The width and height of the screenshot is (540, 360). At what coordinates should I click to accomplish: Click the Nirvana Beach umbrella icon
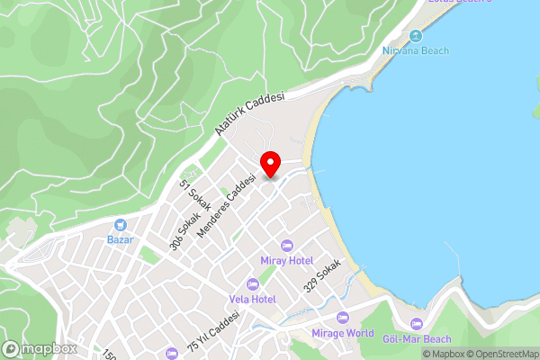click(415, 36)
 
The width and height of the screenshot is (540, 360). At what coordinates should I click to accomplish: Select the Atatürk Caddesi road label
click(250, 113)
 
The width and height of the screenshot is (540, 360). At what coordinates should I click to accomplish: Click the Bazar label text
click(120, 239)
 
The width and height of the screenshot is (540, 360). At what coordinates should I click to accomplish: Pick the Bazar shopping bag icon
click(120, 225)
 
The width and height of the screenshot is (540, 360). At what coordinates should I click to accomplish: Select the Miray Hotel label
click(286, 260)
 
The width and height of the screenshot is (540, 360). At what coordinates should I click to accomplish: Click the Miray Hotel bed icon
click(287, 246)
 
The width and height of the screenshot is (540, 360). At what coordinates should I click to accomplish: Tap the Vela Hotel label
click(251, 298)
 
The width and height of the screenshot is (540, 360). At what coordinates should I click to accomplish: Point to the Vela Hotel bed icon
click(251, 283)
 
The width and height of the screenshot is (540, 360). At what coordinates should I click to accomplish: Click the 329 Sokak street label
click(322, 276)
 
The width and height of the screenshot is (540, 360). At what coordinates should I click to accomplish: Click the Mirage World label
click(342, 332)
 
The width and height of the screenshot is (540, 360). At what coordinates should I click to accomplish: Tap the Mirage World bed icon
click(342, 318)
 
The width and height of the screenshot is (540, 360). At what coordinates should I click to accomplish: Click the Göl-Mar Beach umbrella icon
click(416, 324)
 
